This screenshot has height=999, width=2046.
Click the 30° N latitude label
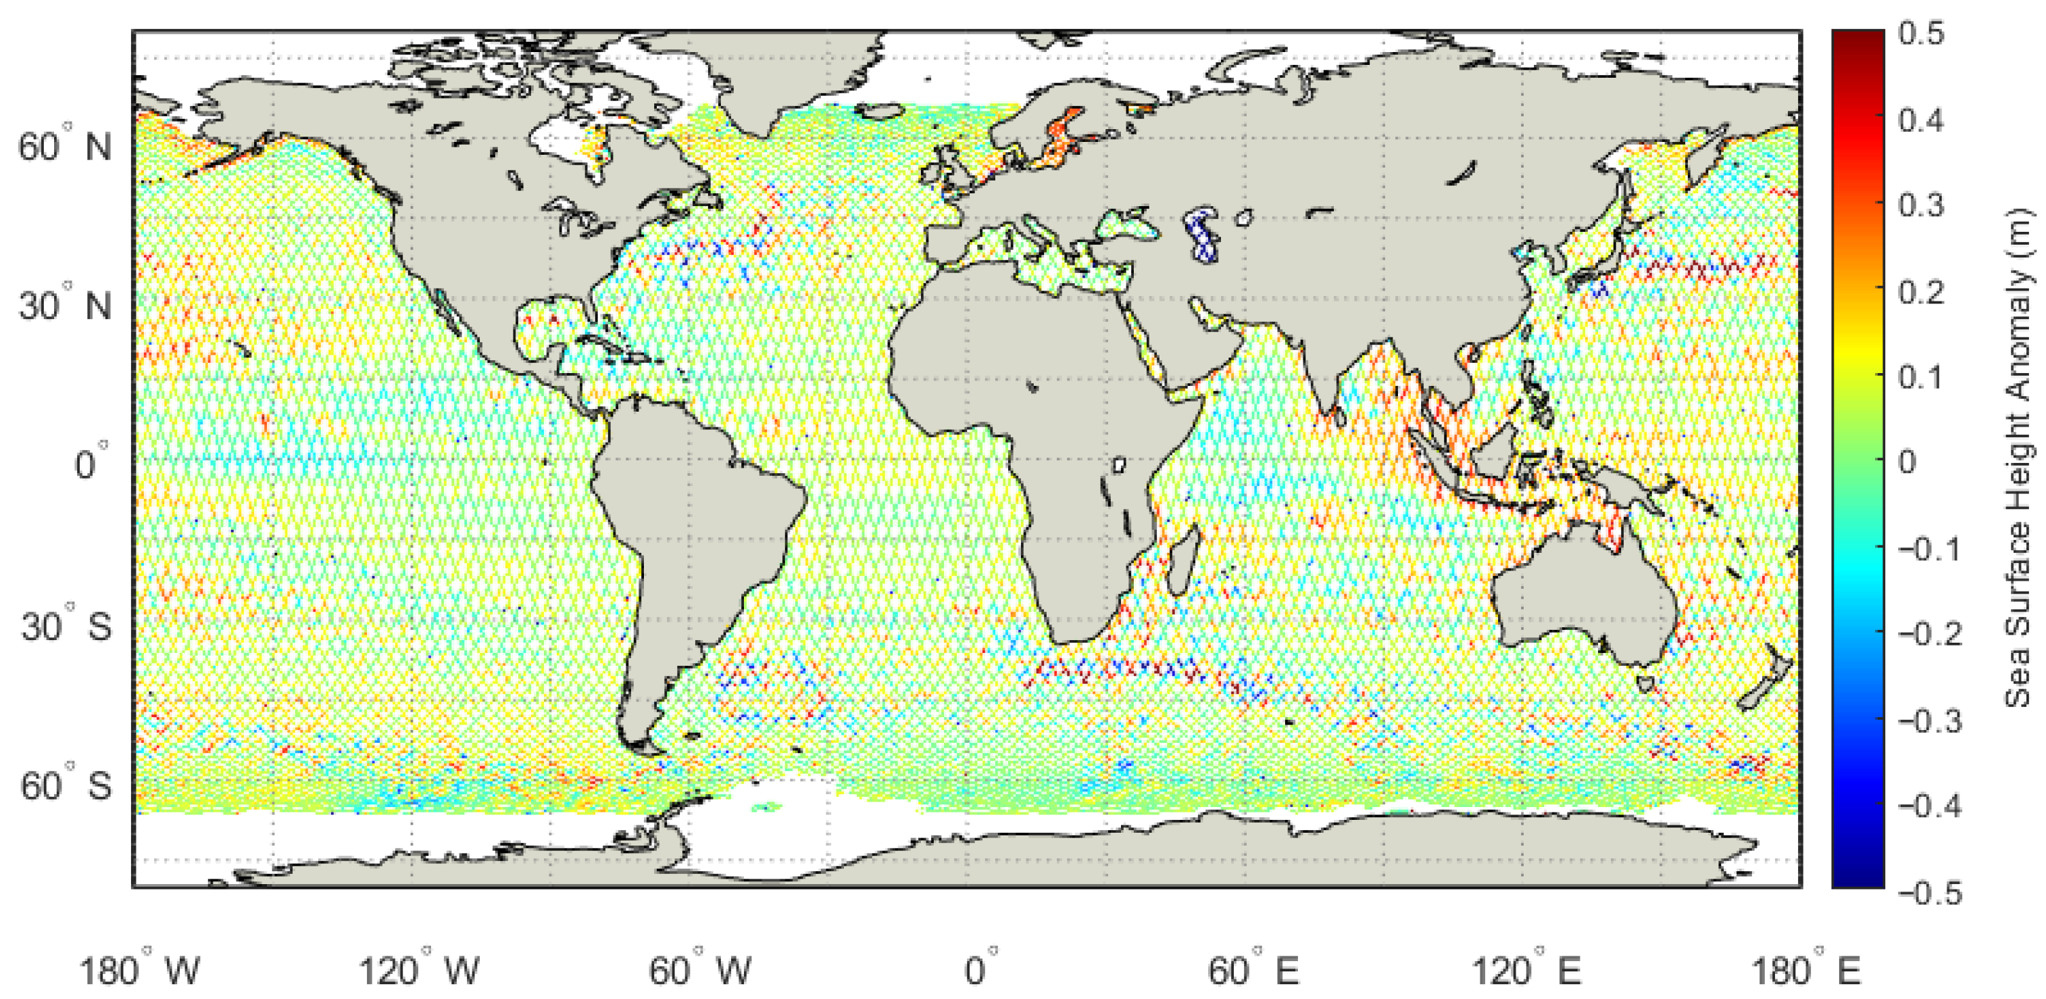pyautogui.click(x=65, y=306)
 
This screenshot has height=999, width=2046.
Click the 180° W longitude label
pyautogui.click(x=140, y=969)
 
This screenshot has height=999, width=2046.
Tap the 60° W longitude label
pyautogui.click(x=699, y=969)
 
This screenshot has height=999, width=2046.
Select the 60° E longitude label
pyautogui.click(x=1253, y=969)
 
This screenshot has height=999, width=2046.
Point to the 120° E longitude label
pyautogui.click(x=1526, y=969)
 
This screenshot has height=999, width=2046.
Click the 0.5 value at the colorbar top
pyautogui.click(x=1920, y=34)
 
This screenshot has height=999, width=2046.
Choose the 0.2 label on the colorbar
pyautogui.click(x=1920, y=292)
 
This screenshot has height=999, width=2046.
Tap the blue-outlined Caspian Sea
pyautogui.click(x=1201, y=235)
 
